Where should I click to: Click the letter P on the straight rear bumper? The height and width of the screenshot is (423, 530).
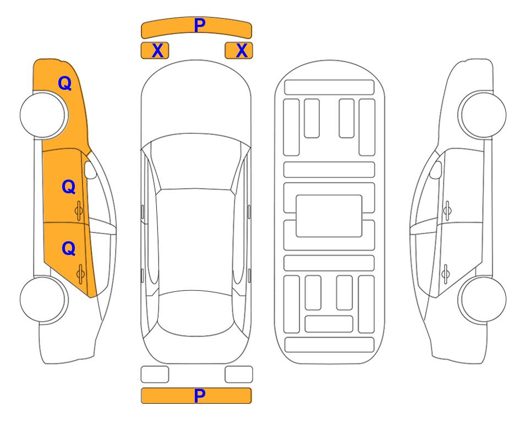[x=200, y=395]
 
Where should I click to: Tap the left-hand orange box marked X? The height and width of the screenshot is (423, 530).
[x=155, y=51]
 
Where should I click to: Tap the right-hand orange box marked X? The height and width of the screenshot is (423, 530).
[x=239, y=51]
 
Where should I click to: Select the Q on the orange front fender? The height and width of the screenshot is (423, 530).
[x=65, y=83]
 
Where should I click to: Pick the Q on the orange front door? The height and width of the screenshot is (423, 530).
[x=69, y=187]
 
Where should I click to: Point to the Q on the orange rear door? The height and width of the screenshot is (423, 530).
[x=69, y=249]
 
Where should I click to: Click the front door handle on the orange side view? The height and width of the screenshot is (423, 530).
[x=79, y=211]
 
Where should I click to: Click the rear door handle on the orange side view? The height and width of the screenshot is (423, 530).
[x=80, y=274]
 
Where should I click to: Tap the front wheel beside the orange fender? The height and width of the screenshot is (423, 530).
[x=42, y=115]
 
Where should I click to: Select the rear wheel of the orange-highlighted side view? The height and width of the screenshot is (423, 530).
[x=42, y=300]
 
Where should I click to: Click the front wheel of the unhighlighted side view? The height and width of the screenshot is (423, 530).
[x=483, y=115]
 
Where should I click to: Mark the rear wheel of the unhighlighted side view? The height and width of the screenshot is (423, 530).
[x=483, y=300]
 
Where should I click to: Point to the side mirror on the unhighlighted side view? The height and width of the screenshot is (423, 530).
[x=436, y=170]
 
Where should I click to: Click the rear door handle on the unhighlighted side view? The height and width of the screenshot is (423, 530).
[x=446, y=274]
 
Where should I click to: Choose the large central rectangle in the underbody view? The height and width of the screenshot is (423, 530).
[x=329, y=216]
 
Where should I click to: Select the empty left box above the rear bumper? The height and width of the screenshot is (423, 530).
[x=155, y=375]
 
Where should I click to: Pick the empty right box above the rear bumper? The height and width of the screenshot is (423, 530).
[x=239, y=375]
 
